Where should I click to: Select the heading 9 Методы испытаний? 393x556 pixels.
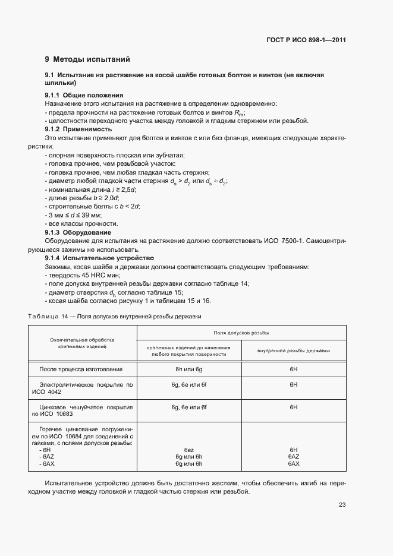pos(87,59)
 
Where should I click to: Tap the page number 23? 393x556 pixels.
pos(342,505)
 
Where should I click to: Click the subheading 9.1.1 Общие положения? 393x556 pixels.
pos(84,95)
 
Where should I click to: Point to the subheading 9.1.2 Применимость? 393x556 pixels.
pos(78,129)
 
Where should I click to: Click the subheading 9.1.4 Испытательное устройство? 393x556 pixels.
pos(99,258)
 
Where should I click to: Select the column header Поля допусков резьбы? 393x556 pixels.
pos(241,333)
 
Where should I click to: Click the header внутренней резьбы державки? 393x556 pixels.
pos(293,350)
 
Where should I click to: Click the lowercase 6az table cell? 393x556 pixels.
pos(189,450)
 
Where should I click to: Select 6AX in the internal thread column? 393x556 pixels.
pos(293,463)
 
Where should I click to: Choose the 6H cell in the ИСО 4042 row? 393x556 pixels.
pos(293,385)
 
